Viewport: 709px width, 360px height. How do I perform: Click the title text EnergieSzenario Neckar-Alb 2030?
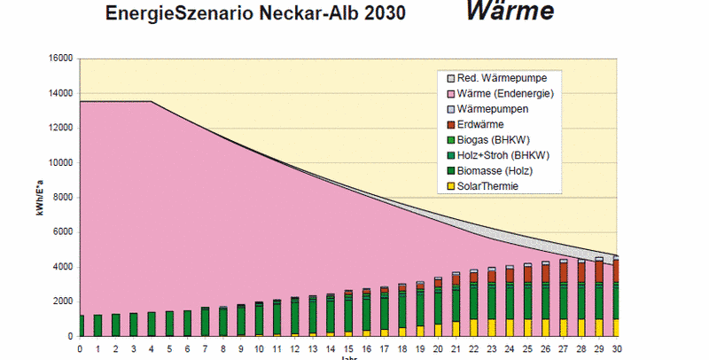[256, 14]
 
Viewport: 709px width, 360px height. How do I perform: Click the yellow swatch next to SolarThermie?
[449, 186]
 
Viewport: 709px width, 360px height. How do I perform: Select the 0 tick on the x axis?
[80, 347]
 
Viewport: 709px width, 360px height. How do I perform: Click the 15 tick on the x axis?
[348, 347]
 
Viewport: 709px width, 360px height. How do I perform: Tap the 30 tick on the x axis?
[617, 347]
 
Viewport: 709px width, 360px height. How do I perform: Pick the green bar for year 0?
[81, 325]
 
